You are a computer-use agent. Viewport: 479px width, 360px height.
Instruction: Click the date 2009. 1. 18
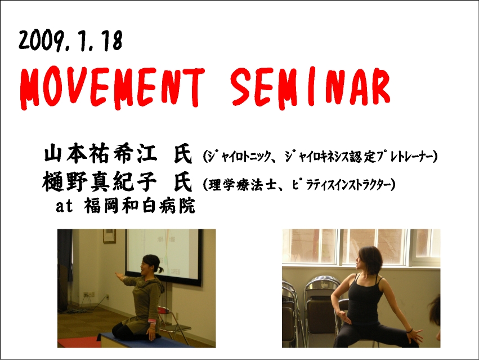(x=70, y=41)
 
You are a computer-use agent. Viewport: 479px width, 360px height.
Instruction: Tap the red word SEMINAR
(x=310, y=88)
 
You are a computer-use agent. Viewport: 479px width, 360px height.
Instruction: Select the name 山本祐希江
(x=101, y=154)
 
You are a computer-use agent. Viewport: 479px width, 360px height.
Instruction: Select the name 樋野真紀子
(x=100, y=181)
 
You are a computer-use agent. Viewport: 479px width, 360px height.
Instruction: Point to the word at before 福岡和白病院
(x=64, y=206)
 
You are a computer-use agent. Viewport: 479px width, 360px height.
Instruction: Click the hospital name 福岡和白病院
(x=139, y=206)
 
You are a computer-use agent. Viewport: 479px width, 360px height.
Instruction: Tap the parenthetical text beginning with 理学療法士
(x=299, y=184)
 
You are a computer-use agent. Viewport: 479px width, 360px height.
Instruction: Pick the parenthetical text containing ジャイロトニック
(x=320, y=157)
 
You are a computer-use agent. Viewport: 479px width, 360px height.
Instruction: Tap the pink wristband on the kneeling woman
(x=152, y=322)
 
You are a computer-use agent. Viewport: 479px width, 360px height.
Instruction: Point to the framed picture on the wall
(x=109, y=236)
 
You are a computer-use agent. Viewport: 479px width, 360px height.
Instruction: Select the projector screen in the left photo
(x=164, y=257)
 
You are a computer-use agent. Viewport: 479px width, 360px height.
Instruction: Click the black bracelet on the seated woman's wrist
(x=410, y=330)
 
